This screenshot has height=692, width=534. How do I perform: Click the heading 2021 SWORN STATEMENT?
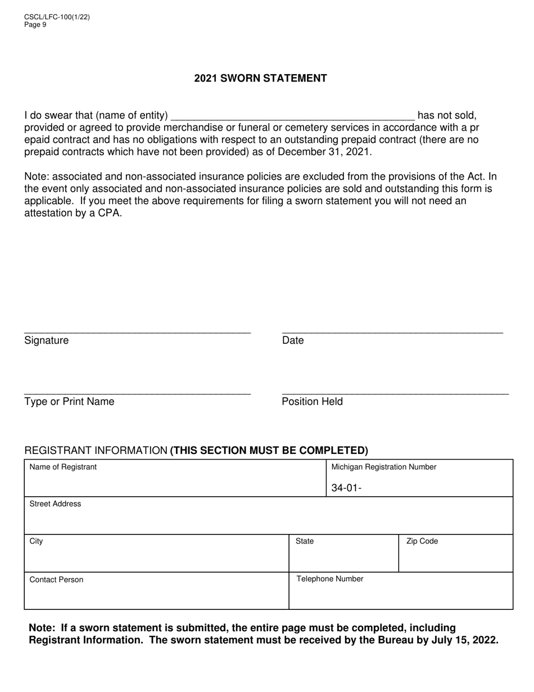coord(260,78)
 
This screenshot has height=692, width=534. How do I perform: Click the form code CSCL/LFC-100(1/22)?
coord(57,17)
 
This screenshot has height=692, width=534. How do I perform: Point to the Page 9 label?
coord(35,25)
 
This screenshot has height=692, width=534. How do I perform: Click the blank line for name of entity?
coord(292,116)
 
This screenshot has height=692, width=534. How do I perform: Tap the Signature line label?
coord(46,340)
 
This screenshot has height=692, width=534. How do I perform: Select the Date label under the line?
coord(293,340)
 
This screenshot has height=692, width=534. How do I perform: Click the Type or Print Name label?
coord(69,401)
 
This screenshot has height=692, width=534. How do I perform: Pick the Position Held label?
coord(312,401)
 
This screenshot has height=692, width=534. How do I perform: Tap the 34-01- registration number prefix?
coord(346,488)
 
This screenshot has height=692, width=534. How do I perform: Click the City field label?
coord(36,541)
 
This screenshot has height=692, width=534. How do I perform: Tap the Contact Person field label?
coord(56,579)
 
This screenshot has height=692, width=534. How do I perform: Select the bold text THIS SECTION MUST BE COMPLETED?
coord(269,450)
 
